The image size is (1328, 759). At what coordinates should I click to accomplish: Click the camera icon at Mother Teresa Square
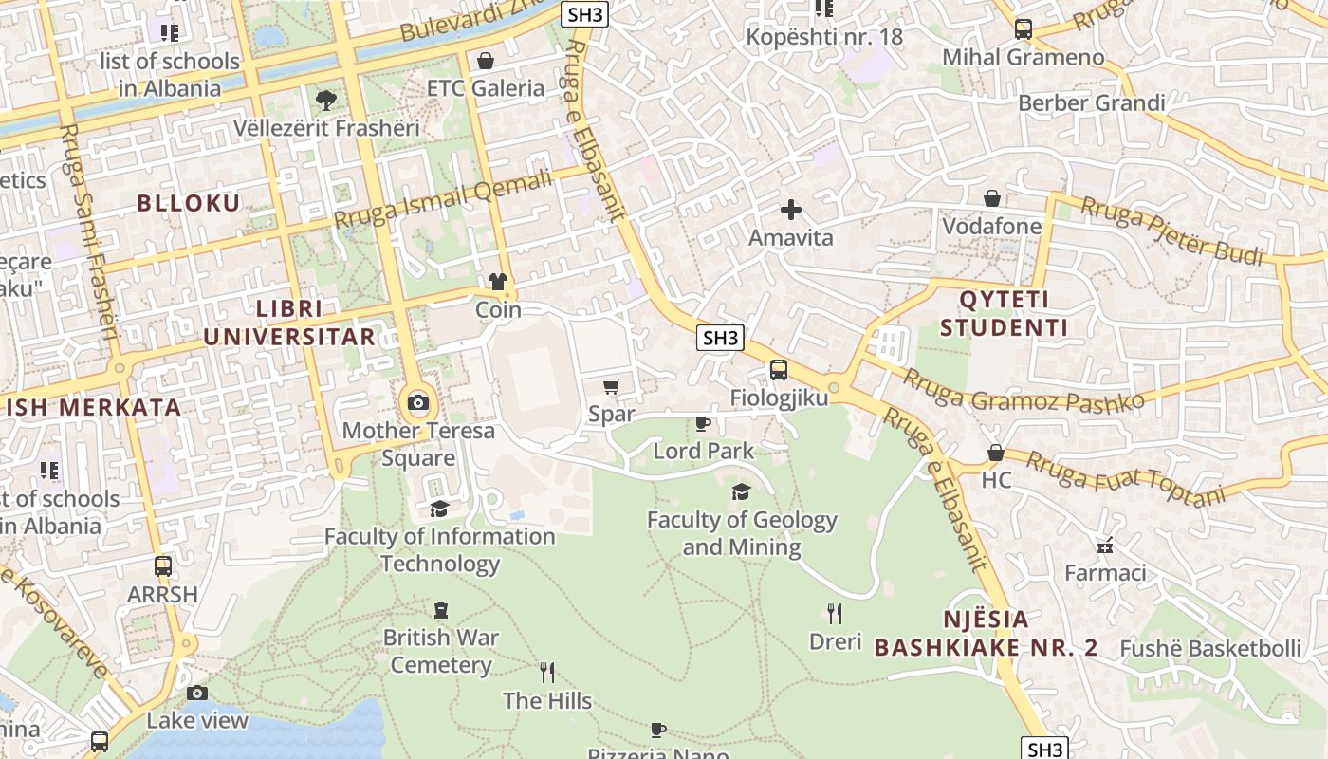pos(417,403)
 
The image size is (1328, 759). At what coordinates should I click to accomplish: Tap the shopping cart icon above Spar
pos(612,386)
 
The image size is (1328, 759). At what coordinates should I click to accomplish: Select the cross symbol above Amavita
pos(791,210)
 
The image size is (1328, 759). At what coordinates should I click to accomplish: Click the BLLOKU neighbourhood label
pos(188,202)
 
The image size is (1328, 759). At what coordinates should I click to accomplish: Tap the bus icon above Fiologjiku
pos(778,370)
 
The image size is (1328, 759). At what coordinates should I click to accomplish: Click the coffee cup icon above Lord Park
pos(703,423)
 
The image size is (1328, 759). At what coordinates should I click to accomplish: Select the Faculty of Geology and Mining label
pos(742,533)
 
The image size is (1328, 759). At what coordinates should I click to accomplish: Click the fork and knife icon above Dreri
pos(835,614)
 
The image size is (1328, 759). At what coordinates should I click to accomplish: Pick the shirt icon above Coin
pos(498,282)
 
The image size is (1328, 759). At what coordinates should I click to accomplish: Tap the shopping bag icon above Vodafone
pos(991,198)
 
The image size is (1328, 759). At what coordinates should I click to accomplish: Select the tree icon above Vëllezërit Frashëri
pos(325,99)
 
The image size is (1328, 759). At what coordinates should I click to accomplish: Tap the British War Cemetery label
pos(441,651)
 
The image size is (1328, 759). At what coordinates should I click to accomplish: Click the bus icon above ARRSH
pos(163,566)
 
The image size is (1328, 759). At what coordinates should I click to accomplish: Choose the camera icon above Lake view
pos(197,693)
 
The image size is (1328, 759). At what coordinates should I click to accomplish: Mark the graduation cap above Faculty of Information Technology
pos(439,509)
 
